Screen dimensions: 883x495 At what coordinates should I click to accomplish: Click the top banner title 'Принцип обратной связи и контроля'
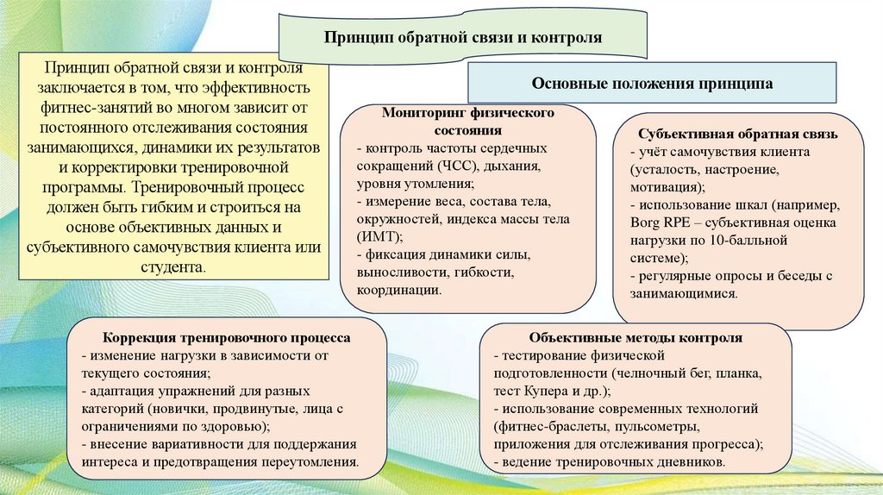point(461,39)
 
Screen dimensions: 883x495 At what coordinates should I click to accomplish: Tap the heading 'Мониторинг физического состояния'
point(467,122)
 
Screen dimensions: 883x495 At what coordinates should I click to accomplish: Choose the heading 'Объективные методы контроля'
point(636,338)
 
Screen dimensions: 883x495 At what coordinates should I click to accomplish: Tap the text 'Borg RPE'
point(657,222)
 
